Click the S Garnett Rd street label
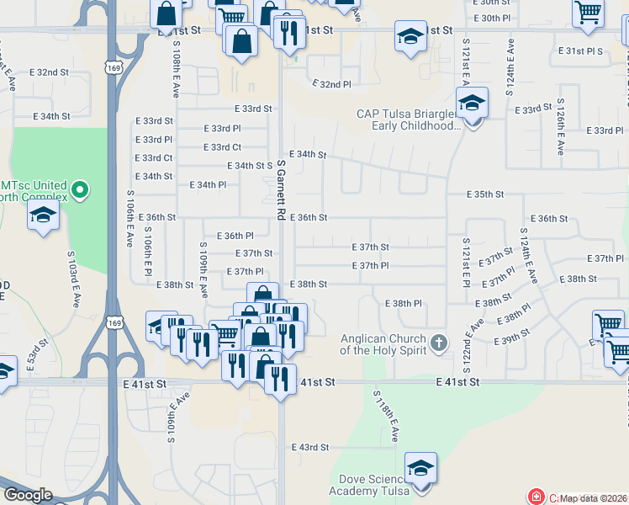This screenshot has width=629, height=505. [280, 191]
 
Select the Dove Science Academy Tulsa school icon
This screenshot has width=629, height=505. [420, 468]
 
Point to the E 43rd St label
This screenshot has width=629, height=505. [310, 447]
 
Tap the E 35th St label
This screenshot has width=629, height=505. [486, 194]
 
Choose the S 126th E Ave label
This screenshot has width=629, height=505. [559, 130]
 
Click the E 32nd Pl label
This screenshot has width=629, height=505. [331, 84]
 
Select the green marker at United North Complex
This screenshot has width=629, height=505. [81, 190]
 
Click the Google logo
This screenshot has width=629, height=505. [28, 495]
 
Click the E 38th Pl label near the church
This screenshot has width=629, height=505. [403, 303]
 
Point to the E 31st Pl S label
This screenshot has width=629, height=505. [584, 51]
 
